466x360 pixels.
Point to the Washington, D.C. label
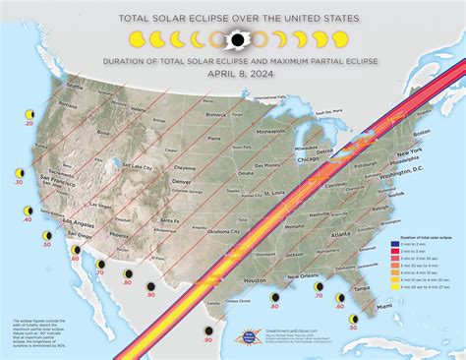coord(401,173)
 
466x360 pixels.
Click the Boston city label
coord(423,134)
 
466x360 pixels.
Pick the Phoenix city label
coord(120,235)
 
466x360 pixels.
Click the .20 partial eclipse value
coord(29,125)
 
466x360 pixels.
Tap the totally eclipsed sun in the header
coord(235,40)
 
